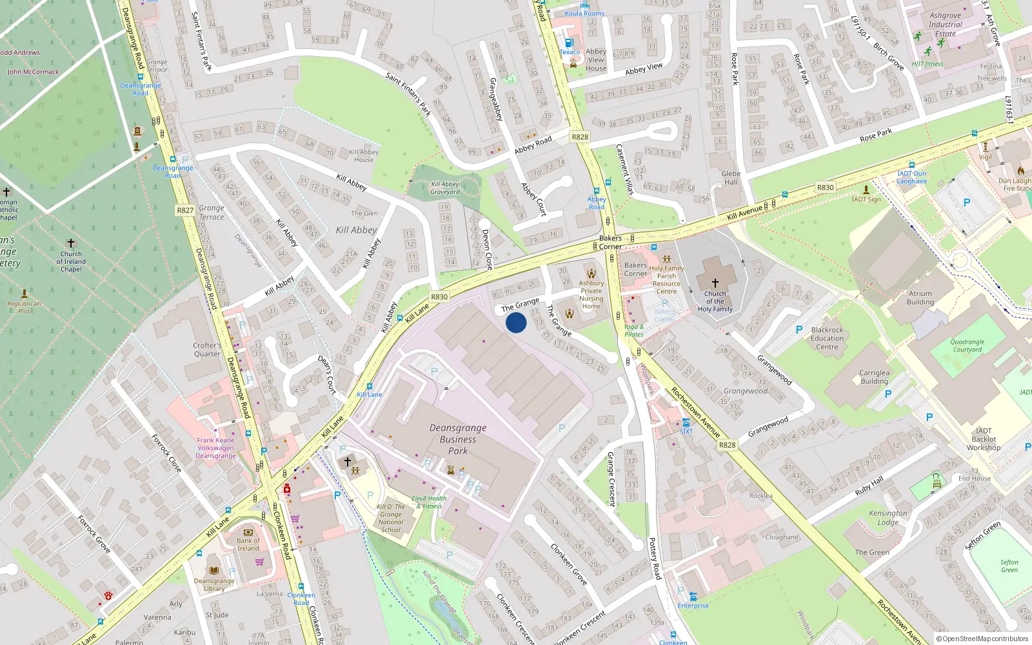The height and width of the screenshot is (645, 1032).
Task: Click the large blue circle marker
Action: coord(516,322)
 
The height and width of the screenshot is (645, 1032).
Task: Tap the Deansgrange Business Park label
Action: coord(458,439)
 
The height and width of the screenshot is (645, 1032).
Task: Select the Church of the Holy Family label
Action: coord(715,301)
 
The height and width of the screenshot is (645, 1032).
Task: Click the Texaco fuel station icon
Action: coord(569,43)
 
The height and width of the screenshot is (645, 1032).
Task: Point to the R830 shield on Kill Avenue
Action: coord(825,188)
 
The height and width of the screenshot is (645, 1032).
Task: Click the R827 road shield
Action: coord(185,210)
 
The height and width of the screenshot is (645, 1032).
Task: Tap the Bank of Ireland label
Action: coord(248,544)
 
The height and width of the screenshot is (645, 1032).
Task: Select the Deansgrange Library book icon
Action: coord(213,570)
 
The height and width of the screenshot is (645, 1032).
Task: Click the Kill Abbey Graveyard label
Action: coord(445,188)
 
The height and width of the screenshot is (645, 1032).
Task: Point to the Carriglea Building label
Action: coord(874,377)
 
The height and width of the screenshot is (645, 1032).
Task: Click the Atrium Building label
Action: coord(920,297)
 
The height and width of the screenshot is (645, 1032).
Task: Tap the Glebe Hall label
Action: coord(731,177)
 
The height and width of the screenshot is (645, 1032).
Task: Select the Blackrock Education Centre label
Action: coord(827,338)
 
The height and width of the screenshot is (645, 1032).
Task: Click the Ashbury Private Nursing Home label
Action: coord(591,294)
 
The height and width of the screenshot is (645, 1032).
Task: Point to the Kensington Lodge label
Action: coord(888,518)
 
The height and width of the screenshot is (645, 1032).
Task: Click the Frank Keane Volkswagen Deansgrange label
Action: coord(215,448)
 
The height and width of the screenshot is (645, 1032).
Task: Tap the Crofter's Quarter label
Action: coord(207,349)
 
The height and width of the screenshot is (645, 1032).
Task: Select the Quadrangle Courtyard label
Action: coord(967,346)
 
